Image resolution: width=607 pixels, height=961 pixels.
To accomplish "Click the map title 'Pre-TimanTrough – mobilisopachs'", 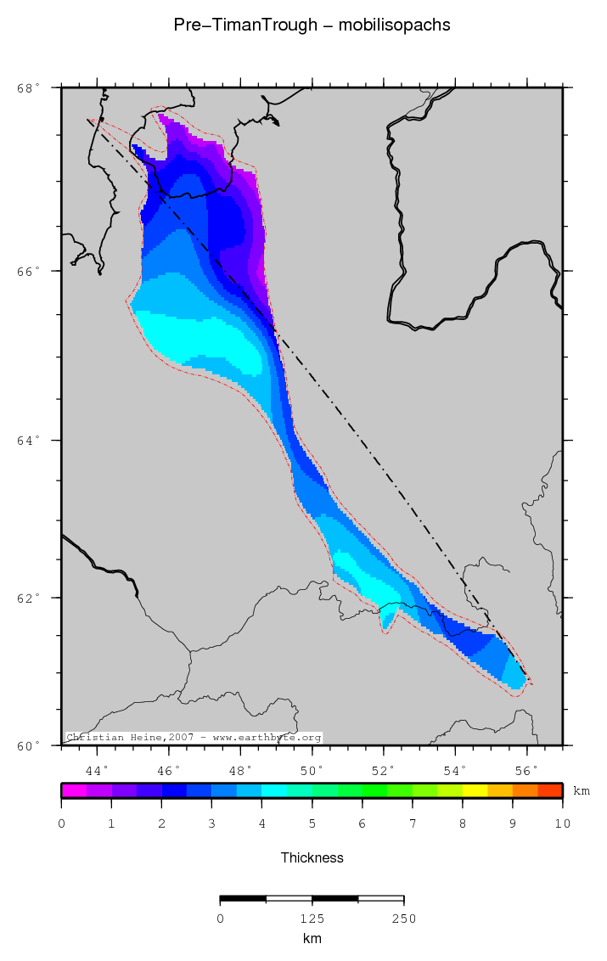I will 312,25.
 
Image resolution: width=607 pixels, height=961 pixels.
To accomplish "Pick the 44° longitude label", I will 98,771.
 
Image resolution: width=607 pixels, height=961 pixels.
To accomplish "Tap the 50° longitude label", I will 312,771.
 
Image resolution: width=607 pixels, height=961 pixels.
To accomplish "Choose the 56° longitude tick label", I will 527,771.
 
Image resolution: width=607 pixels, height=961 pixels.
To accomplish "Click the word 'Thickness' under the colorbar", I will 312,858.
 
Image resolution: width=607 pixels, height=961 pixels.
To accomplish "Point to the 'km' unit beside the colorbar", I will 582,791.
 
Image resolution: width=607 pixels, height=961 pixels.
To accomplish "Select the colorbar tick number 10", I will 562,823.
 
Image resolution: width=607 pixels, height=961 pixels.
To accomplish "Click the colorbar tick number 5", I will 312,823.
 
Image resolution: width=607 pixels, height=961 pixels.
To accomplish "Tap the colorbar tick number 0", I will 62,823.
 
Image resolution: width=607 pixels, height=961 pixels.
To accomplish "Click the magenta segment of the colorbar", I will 74,790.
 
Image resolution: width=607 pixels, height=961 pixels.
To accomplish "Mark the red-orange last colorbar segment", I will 550,790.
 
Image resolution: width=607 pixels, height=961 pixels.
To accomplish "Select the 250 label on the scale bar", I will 403,919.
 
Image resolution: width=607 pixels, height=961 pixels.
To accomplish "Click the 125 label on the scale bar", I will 312,919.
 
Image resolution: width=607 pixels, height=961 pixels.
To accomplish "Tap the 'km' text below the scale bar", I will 312,939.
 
